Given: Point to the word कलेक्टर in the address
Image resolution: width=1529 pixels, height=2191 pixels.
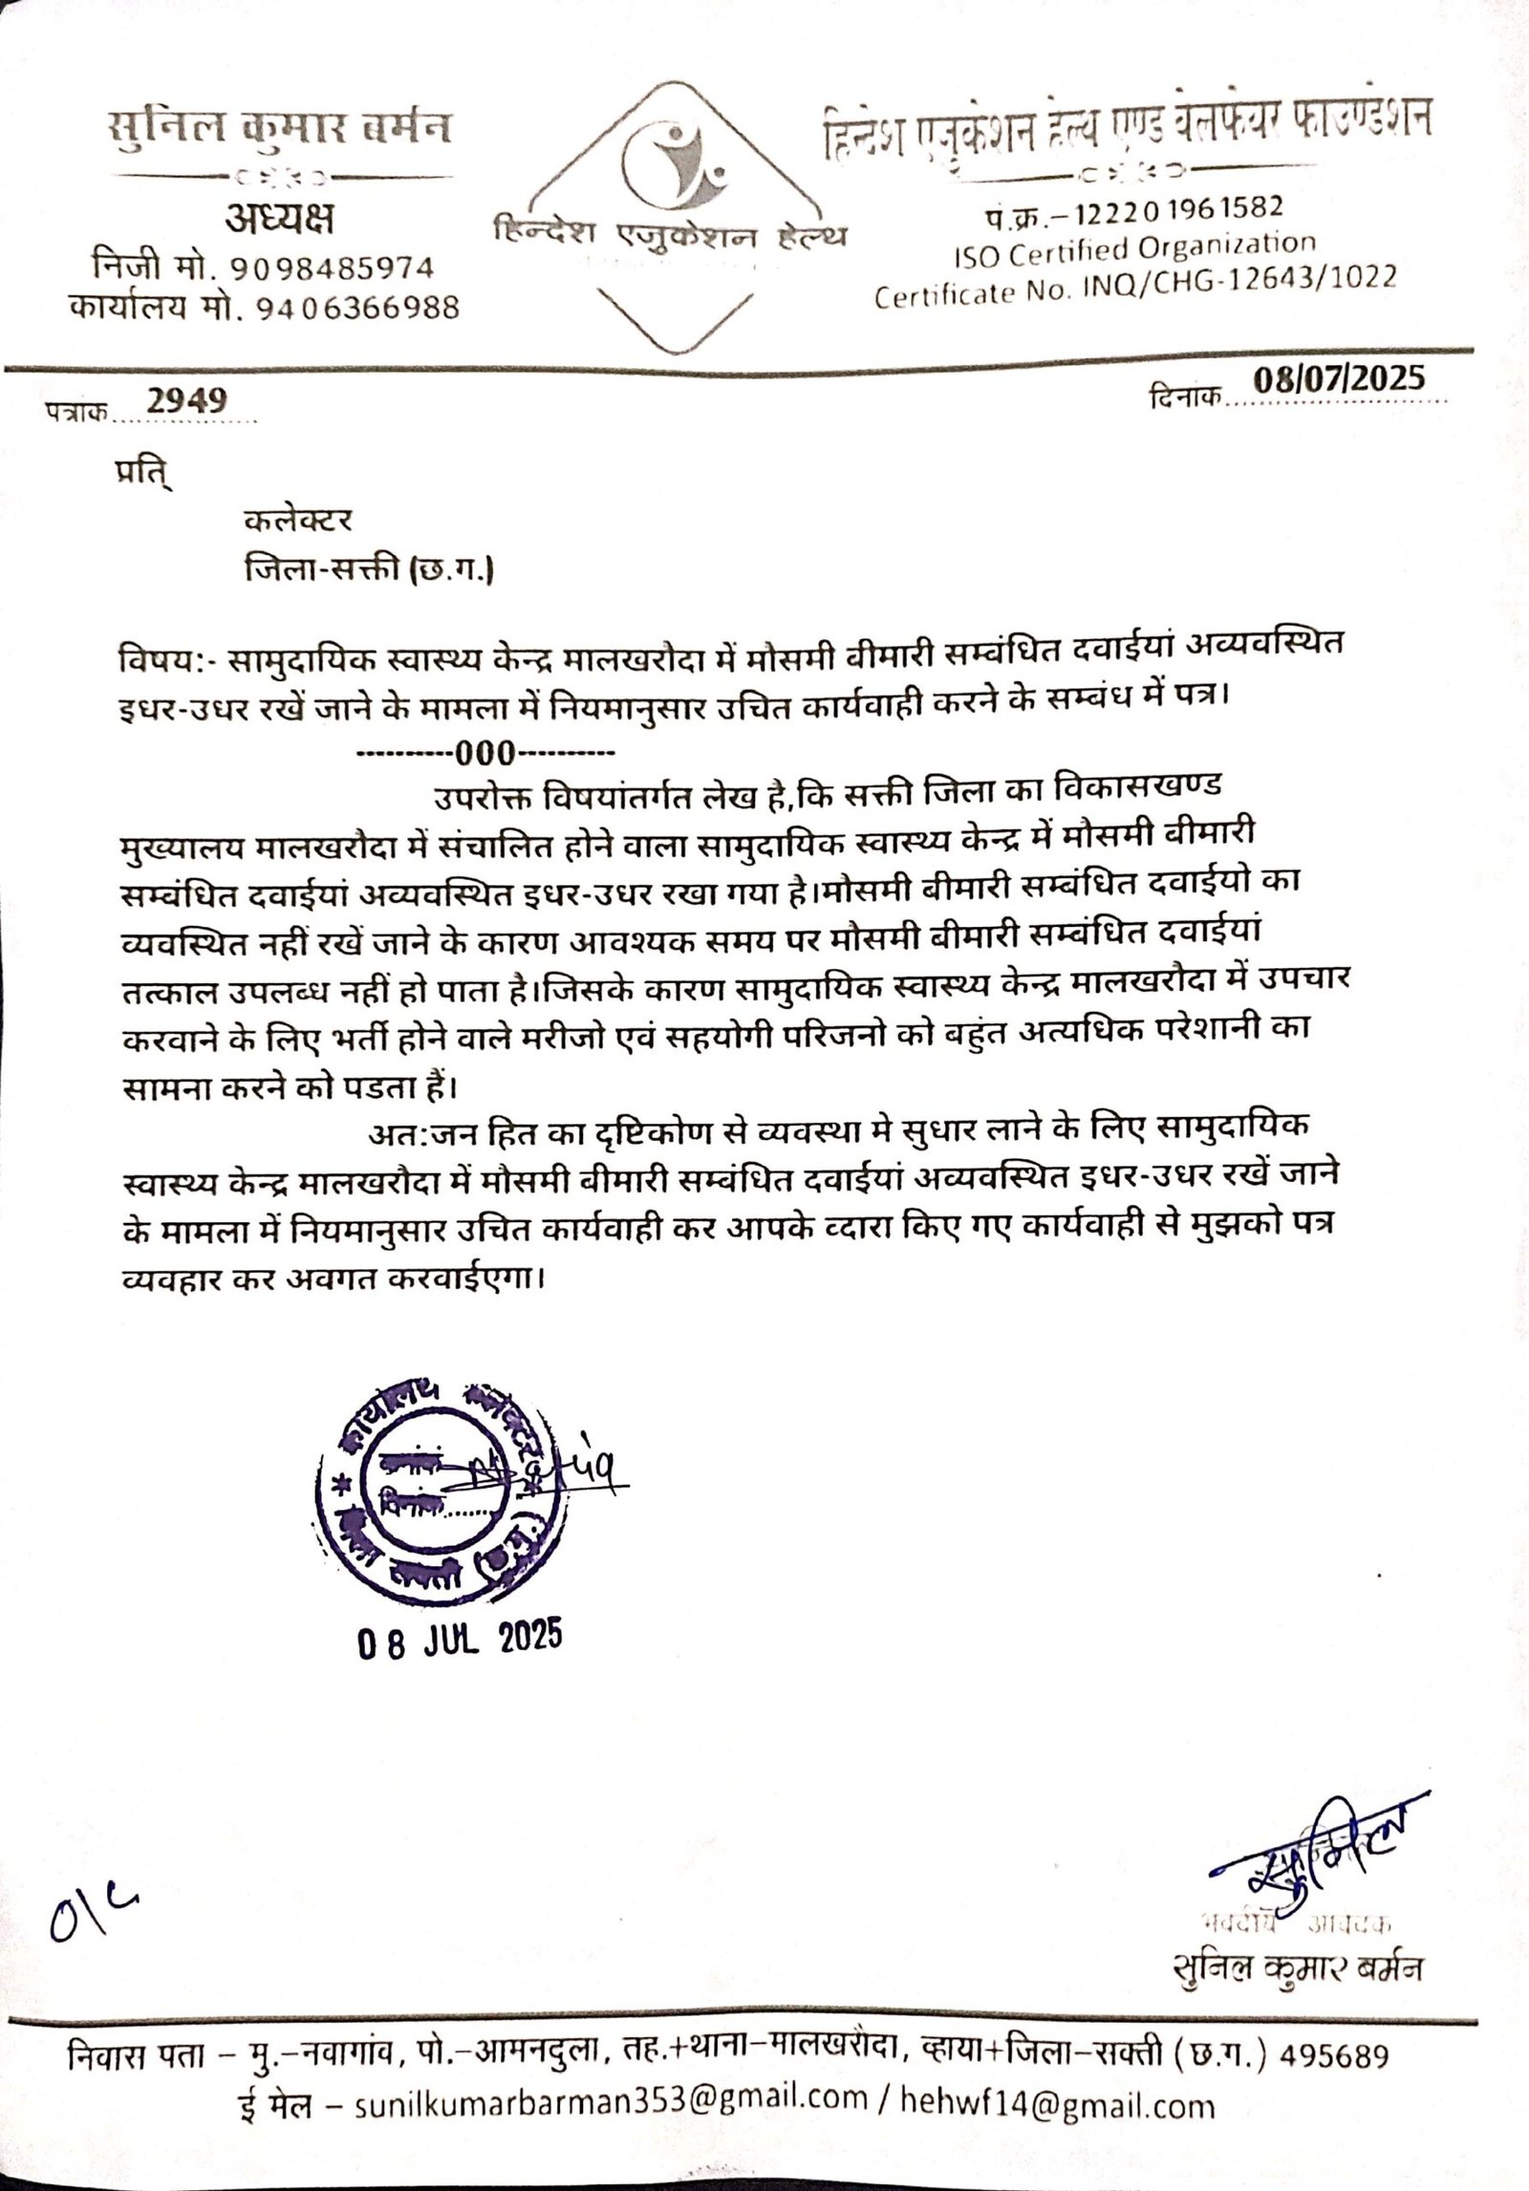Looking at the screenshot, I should click(298, 520).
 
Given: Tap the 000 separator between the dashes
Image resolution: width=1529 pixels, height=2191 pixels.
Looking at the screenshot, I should click(485, 755).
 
